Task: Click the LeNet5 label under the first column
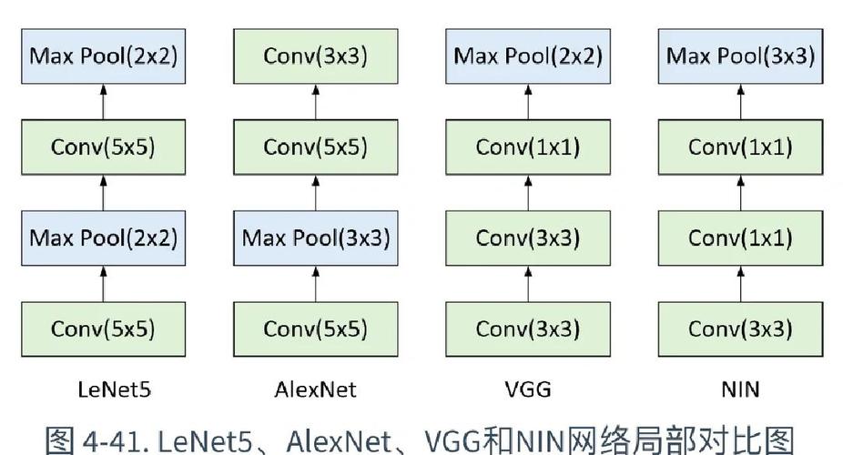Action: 103,390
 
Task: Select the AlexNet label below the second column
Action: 315,390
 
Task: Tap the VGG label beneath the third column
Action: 527,390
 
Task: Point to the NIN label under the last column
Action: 739,390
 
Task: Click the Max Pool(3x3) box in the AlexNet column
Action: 315,238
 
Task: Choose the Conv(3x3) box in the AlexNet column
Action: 315,56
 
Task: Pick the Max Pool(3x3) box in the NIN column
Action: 739,56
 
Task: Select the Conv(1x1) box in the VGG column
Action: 527,147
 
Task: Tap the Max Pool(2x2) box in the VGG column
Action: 527,56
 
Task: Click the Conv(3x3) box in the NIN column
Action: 739,329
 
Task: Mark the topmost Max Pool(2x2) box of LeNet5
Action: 103,56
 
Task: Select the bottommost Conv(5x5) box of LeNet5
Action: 103,329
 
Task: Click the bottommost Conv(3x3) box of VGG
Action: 527,329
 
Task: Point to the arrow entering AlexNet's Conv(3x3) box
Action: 315,102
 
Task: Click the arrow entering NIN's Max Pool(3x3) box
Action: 739,102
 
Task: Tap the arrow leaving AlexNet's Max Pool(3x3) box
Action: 315,193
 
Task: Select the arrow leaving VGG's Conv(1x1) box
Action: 527,102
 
